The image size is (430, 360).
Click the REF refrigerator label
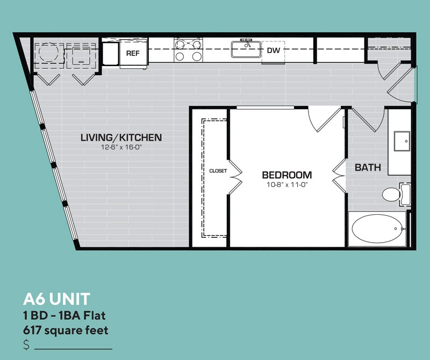click(x=133, y=53)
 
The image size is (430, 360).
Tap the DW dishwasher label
click(x=274, y=50)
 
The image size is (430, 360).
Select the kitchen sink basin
click(x=246, y=50)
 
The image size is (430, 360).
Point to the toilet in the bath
click(x=396, y=194)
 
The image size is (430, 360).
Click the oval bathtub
click(x=377, y=229)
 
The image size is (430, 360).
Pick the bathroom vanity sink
click(x=402, y=141)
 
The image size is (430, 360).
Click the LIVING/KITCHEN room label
click(x=121, y=138)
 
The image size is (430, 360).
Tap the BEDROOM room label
click(x=287, y=175)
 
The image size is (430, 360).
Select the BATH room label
click(x=368, y=167)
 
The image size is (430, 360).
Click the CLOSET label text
click(x=218, y=171)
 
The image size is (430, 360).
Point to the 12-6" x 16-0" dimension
click(x=121, y=147)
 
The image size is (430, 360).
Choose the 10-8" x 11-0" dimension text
click(x=287, y=185)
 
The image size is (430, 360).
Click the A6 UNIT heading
click(x=57, y=299)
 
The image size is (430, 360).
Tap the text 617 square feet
click(x=66, y=330)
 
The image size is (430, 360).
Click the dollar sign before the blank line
click(x=26, y=344)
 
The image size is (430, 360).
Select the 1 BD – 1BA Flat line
click(x=64, y=315)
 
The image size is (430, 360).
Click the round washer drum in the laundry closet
click(x=49, y=52)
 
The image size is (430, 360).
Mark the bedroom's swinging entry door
click(x=325, y=119)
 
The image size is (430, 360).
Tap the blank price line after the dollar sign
click(x=73, y=349)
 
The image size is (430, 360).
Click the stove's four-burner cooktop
click(x=188, y=50)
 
